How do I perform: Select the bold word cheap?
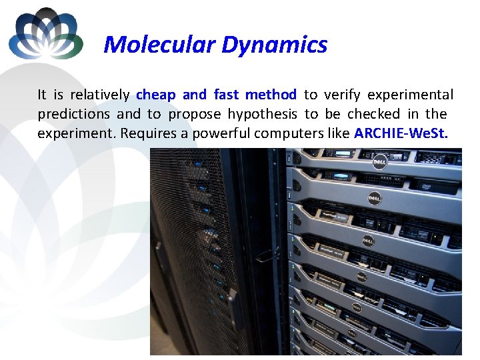point(155,95)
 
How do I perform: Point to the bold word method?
point(271,95)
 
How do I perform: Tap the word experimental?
point(410,95)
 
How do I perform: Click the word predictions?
point(73,114)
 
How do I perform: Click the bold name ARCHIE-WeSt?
point(401,133)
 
